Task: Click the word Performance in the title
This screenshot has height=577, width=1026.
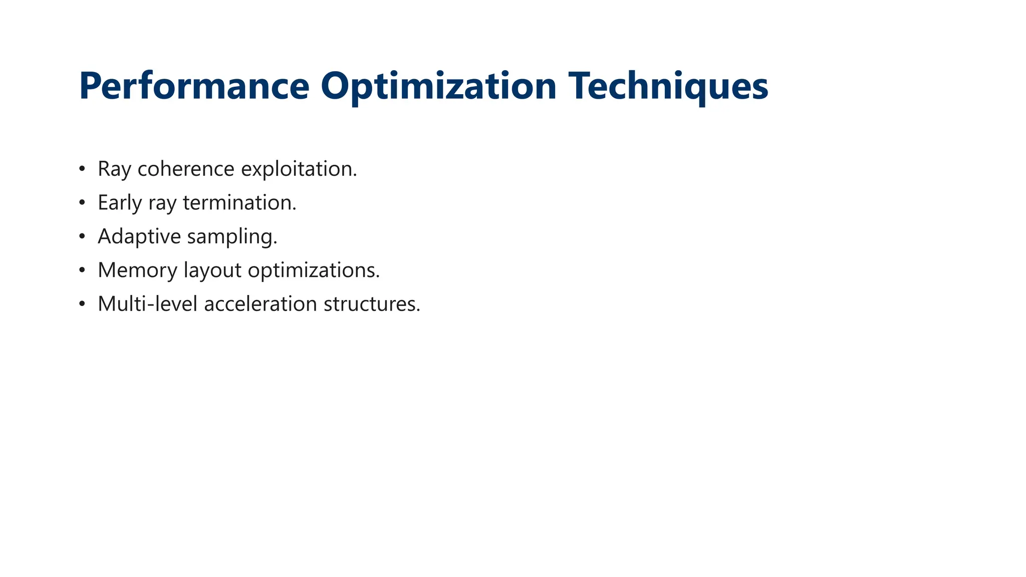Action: tap(194, 86)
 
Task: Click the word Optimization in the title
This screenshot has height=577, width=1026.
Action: tap(438, 86)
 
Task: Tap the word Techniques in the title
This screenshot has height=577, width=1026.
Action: tap(668, 86)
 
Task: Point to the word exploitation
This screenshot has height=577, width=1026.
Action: tap(299, 169)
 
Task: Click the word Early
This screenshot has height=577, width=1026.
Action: tap(120, 203)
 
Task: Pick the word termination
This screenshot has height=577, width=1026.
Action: tap(239, 203)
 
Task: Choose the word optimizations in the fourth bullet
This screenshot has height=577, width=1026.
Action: tap(314, 270)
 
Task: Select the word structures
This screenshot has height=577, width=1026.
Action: tap(372, 304)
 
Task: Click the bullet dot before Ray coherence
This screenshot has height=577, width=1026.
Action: tap(82, 169)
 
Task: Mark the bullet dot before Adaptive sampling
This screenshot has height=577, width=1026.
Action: tap(82, 236)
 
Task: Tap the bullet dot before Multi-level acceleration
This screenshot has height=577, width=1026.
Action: tap(82, 304)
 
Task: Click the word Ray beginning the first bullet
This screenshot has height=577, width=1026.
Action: tap(114, 169)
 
